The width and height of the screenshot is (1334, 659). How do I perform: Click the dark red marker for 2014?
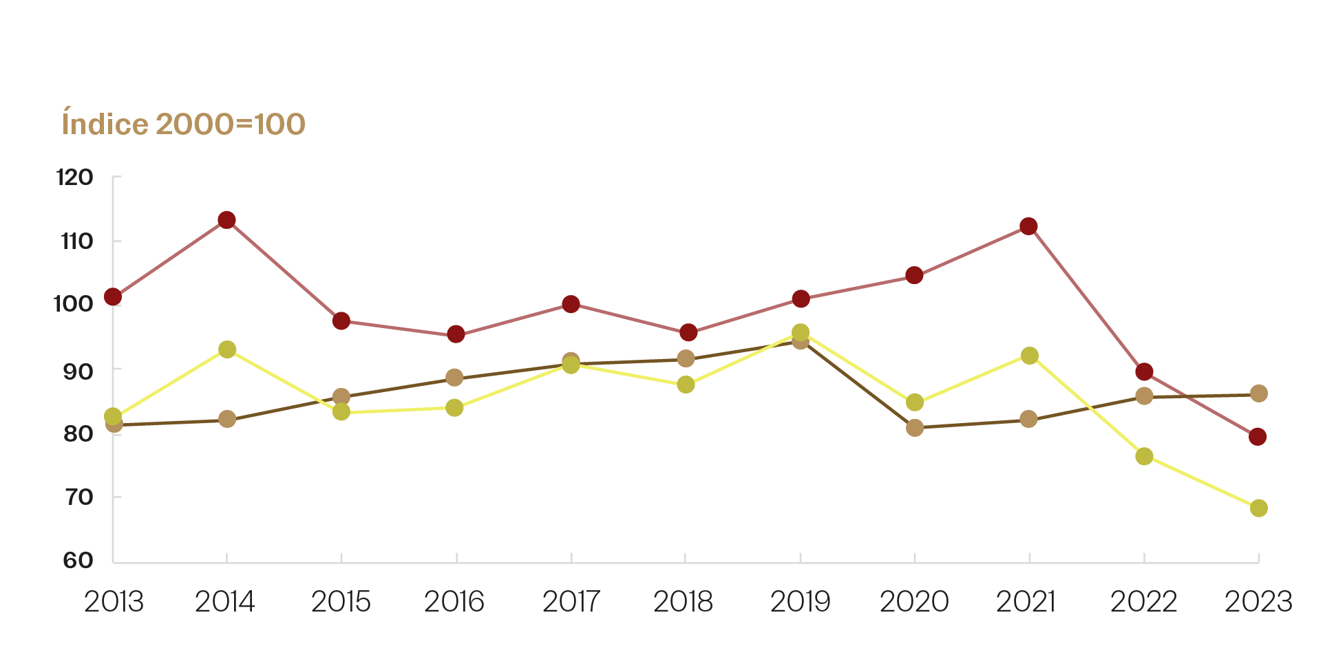[227, 220]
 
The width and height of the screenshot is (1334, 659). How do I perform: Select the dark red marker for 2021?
[1029, 226]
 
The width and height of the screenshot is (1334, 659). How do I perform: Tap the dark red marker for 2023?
[1258, 437]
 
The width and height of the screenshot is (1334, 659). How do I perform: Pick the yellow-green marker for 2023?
[1258, 508]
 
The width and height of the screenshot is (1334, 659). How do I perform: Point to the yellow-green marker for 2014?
[227, 349]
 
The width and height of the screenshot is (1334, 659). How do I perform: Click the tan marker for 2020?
[915, 428]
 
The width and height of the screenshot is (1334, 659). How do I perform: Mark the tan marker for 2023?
[1258, 393]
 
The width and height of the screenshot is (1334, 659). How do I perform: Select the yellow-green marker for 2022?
[1144, 456]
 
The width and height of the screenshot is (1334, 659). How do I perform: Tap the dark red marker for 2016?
[456, 334]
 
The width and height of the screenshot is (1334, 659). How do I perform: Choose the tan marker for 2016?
[454, 377]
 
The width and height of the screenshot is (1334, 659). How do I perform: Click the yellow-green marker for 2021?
[1030, 356]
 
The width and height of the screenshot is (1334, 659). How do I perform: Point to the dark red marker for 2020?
[915, 276]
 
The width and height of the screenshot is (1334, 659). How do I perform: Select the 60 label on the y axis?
[78, 561]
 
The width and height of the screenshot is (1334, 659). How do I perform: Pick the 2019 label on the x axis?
[800, 603]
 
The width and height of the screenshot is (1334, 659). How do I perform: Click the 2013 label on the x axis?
[114, 603]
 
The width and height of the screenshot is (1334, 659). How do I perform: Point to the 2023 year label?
[1258, 603]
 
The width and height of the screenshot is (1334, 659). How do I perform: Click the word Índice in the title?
[105, 124]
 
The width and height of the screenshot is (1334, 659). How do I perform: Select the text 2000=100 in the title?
[231, 125]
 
